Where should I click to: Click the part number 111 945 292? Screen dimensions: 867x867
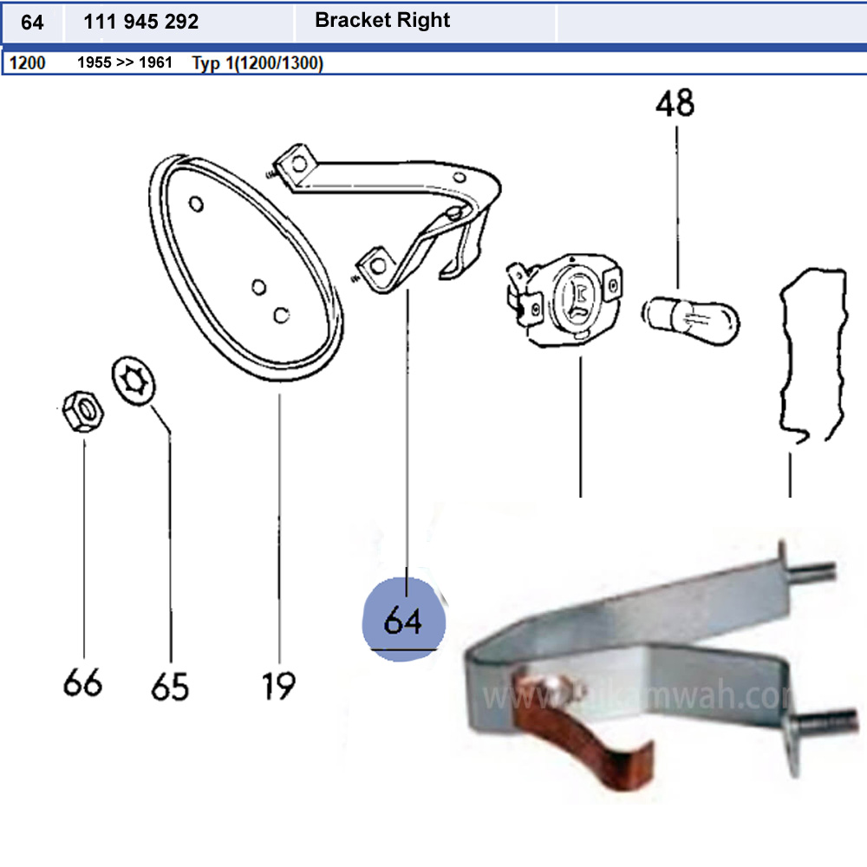[141, 22]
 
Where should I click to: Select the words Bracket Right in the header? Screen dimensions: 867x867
[382, 20]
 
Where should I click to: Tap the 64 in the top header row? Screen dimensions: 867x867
[32, 22]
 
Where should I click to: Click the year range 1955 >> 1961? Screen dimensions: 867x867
[125, 63]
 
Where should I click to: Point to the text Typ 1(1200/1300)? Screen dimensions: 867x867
[257, 63]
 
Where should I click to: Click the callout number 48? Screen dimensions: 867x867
[675, 104]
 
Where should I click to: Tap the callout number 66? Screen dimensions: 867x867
[82, 682]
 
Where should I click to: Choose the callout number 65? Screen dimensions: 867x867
[170, 686]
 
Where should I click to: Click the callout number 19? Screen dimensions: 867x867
[279, 686]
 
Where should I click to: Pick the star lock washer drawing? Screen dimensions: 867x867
[134, 381]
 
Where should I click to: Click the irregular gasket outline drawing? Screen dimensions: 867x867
[811, 355]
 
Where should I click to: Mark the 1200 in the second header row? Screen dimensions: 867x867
[28, 63]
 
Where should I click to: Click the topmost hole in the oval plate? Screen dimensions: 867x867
[196, 205]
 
